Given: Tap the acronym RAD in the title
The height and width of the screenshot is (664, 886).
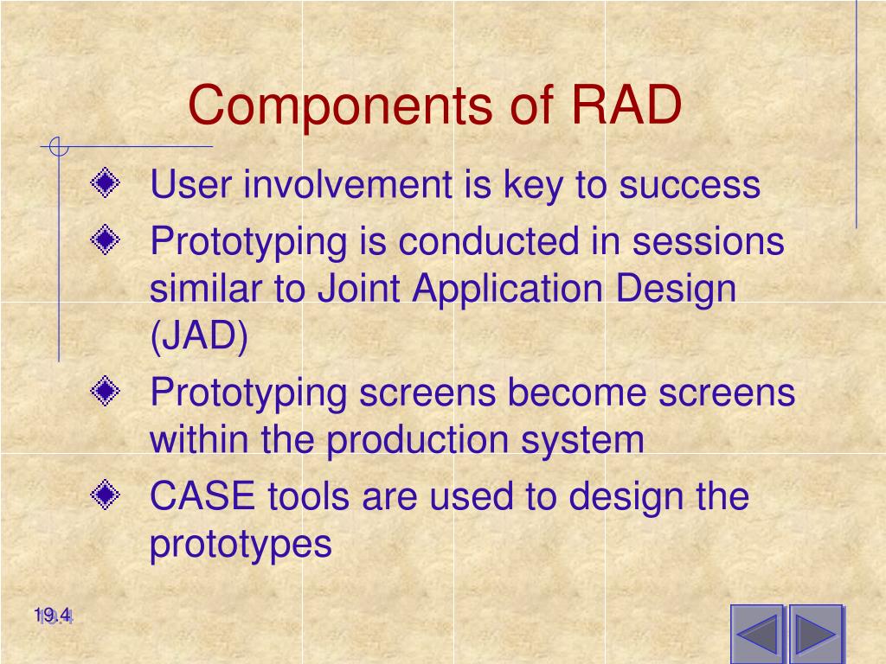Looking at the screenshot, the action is pyautogui.click(x=626, y=105).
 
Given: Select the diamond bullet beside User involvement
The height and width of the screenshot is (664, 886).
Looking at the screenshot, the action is pyautogui.click(x=105, y=182).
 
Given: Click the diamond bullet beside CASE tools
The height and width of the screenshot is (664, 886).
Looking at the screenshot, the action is pyautogui.click(x=105, y=495).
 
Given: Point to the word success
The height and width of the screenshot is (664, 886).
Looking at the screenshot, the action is pyautogui.click(x=690, y=186).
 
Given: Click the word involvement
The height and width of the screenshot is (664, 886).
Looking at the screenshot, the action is pyautogui.click(x=348, y=184).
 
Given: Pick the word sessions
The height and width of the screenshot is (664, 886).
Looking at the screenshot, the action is pyautogui.click(x=708, y=242).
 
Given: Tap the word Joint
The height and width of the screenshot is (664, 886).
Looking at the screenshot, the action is pyautogui.click(x=359, y=288).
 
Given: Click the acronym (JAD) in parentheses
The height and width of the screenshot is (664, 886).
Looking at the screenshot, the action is pyautogui.click(x=199, y=336).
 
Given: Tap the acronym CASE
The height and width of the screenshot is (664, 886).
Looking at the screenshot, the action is pyautogui.click(x=202, y=495).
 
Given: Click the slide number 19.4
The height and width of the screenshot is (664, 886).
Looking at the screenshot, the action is pyautogui.click(x=53, y=616).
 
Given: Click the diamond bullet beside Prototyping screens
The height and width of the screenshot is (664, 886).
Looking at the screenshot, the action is pyautogui.click(x=105, y=391).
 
